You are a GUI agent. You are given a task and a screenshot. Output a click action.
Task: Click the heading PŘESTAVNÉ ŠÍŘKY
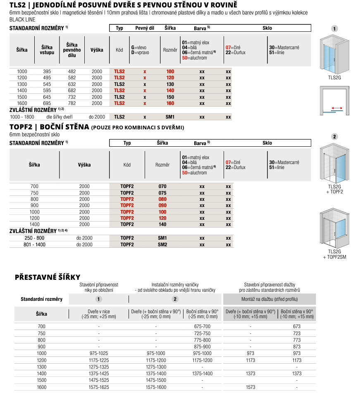pyautogui.click(x=48, y=277)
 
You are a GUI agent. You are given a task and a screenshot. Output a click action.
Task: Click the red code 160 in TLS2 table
pyautogui.click(x=170, y=103)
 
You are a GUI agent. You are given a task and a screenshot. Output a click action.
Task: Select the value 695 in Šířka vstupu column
pyautogui.click(x=47, y=103)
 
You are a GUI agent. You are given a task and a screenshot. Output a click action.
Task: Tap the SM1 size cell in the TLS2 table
pyautogui.click(x=170, y=117)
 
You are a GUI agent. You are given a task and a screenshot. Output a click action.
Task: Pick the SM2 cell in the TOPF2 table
pyautogui.click(x=162, y=245)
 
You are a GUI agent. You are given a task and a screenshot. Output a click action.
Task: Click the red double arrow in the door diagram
pyautogui.click(x=337, y=108)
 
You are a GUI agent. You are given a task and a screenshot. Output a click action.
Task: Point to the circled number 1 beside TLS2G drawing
pyautogui.click(x=334, y=29)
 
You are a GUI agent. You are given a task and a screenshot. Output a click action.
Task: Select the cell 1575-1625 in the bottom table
pyautogui.click(x=99, y=387)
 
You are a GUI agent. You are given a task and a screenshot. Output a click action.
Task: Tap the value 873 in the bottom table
pyautogui.click(x=297, y=347)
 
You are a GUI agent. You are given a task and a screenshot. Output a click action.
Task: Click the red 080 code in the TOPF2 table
pyautogui.click(x=162, y=199)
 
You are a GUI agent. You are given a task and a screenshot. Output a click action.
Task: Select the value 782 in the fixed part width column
pyautogui.click(x=72, y=103)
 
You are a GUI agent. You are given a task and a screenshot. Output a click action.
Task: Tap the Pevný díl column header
pyautogui.click(x=145, y=28)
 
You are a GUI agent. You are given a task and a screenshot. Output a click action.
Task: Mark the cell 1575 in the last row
pyautogui.click(x=250, y=387)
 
